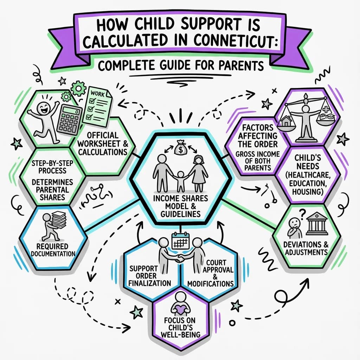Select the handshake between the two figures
pos(180,259)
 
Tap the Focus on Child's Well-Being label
pos(180,327)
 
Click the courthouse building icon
pos(317,223)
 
